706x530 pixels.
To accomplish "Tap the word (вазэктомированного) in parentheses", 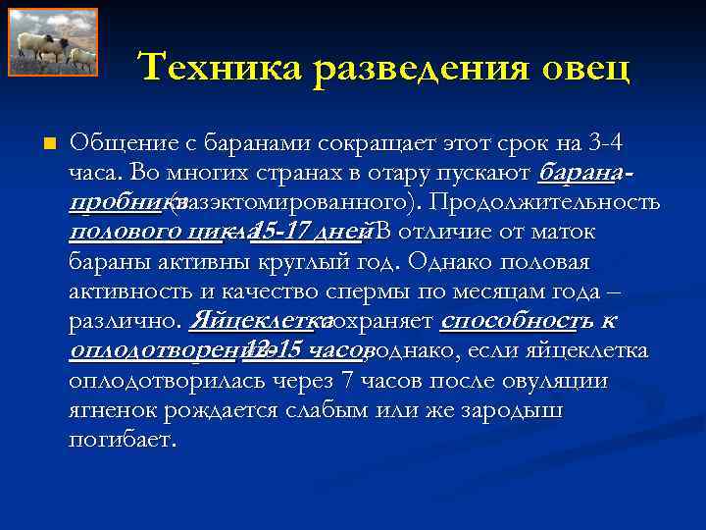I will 290,203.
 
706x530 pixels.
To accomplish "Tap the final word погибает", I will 124,440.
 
